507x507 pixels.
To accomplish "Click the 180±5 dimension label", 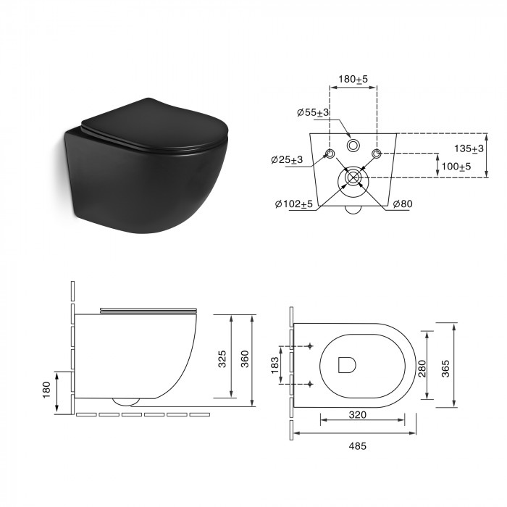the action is pyautogui.click(x=353, y=79).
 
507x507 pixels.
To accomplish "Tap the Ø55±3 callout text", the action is pyautogui.click(x=313, y=112).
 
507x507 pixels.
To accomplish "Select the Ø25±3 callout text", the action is pyautogui.click(x=287, y=160).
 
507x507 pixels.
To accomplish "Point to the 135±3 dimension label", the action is pyautogui.click(x=469, y=148).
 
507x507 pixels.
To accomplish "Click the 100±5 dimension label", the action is pyautogui.click(x=456, y=167).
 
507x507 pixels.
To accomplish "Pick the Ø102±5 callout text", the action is pyautogui.click(x=294, y=204).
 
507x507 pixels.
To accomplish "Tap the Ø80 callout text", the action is pyautogui.click(x=403, y=204).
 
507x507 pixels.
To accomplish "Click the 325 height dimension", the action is pyautogui.click(x=222, y=359).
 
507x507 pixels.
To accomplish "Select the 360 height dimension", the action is pyautogui.click(x=245, y=359).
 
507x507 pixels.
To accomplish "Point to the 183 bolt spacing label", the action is pyautogui.click(x=275, y=365).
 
